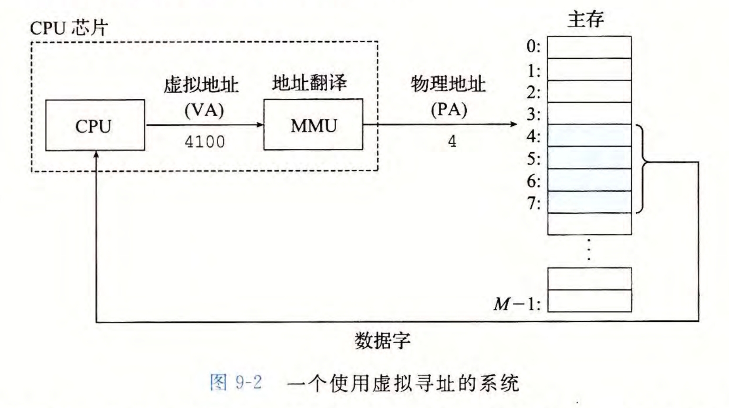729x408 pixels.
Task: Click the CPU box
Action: pos(95,125)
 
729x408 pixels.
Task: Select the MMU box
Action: pos(313,125)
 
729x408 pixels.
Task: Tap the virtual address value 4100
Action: pos(205,142)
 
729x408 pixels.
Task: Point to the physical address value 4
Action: pos(452,141)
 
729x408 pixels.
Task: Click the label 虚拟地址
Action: pos(201,85)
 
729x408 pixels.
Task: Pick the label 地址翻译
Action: pos(309,83)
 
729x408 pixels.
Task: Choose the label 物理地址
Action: pos(448,84)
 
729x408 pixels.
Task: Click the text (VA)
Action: pos(204,110)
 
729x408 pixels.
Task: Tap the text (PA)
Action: pos(449,110)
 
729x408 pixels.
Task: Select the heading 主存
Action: pos(586,20)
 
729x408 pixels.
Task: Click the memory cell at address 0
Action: pos(589,47)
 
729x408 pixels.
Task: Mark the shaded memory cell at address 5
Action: pos(589,157)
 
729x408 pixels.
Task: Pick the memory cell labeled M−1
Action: pos(589,301)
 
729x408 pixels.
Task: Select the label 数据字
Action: pos(382,341)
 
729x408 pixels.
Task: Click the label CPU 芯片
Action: pos(69,28)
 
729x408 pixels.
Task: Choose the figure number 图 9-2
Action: pos(236,383)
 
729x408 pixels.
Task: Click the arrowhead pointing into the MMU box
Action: pos(260,125)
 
